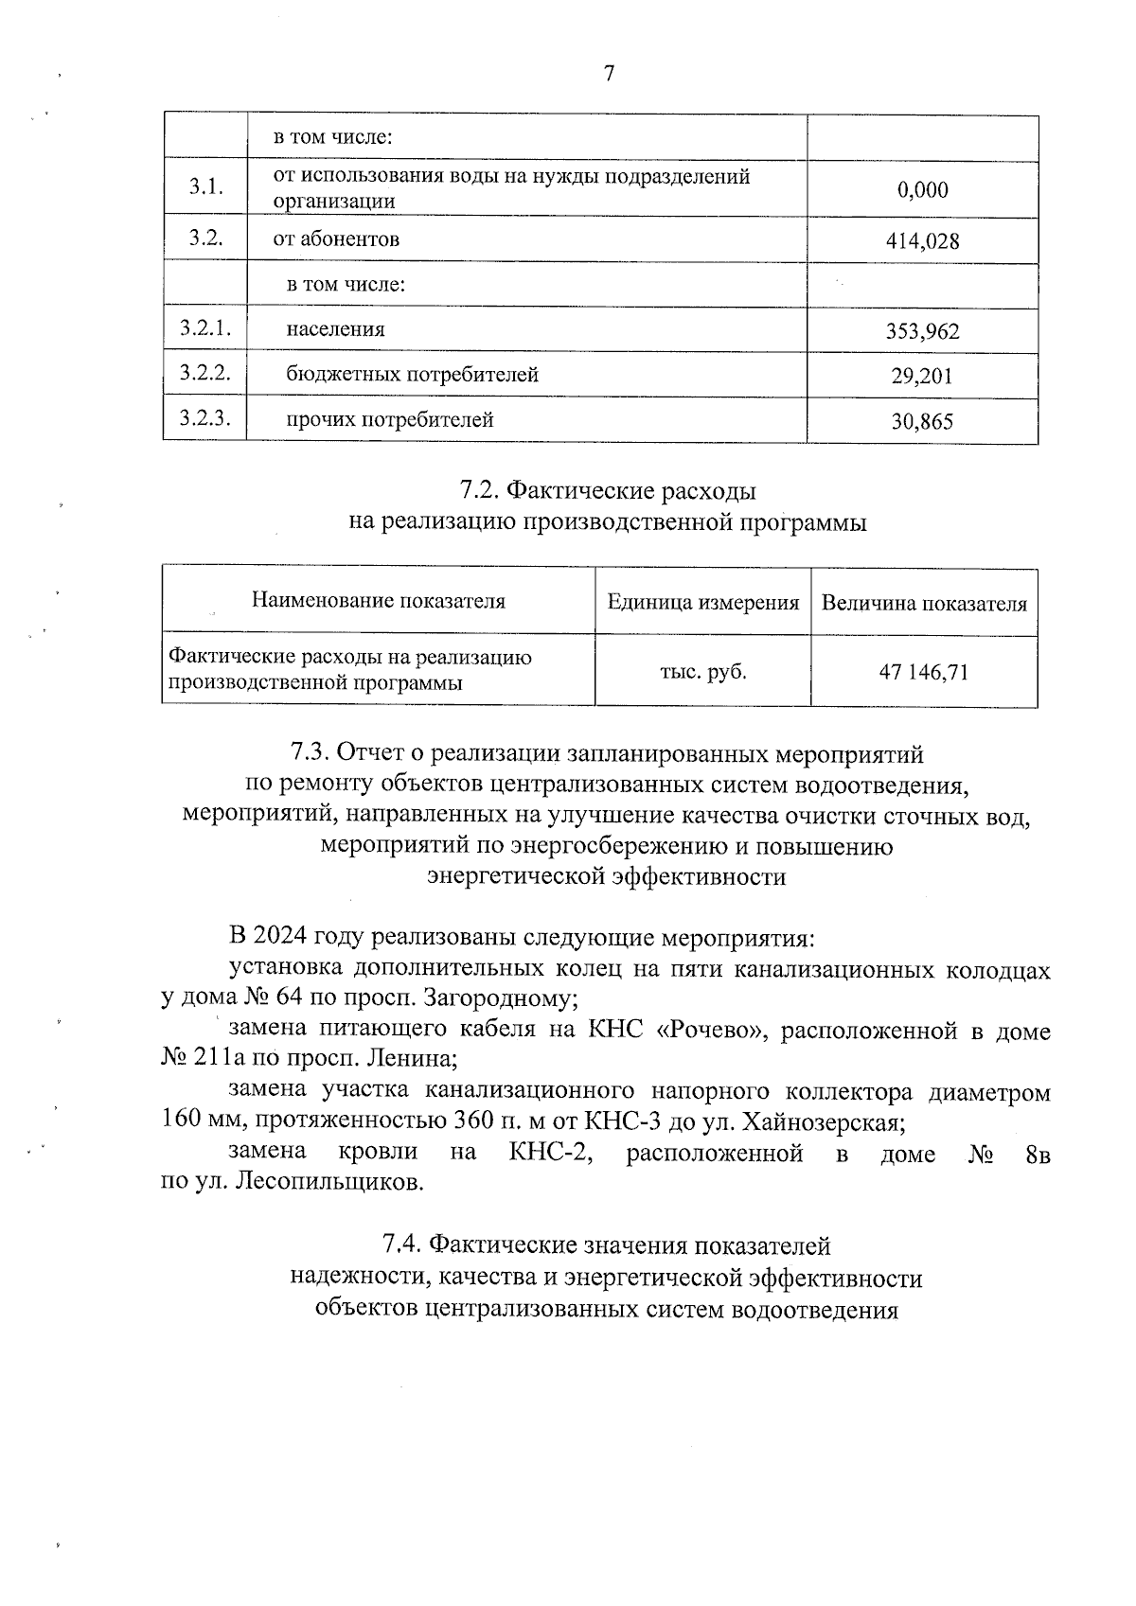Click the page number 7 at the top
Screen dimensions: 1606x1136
click(609, 74)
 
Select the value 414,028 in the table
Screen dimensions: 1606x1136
click(922, 241)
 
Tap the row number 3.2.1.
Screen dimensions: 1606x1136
click(204, 328)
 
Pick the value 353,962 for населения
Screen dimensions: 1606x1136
click(922, 331)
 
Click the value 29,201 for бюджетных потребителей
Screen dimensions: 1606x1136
click(922, 377)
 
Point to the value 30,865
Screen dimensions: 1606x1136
click(922, 421)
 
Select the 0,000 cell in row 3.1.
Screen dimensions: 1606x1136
click(922, 190)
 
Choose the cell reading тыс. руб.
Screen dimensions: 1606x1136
click(702, 673)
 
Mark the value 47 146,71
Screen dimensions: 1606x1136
click(924, 673)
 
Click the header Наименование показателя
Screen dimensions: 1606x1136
click(378, 601)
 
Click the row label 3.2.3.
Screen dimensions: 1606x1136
click(204, 418)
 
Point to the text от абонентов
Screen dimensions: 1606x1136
click(336, 239)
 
